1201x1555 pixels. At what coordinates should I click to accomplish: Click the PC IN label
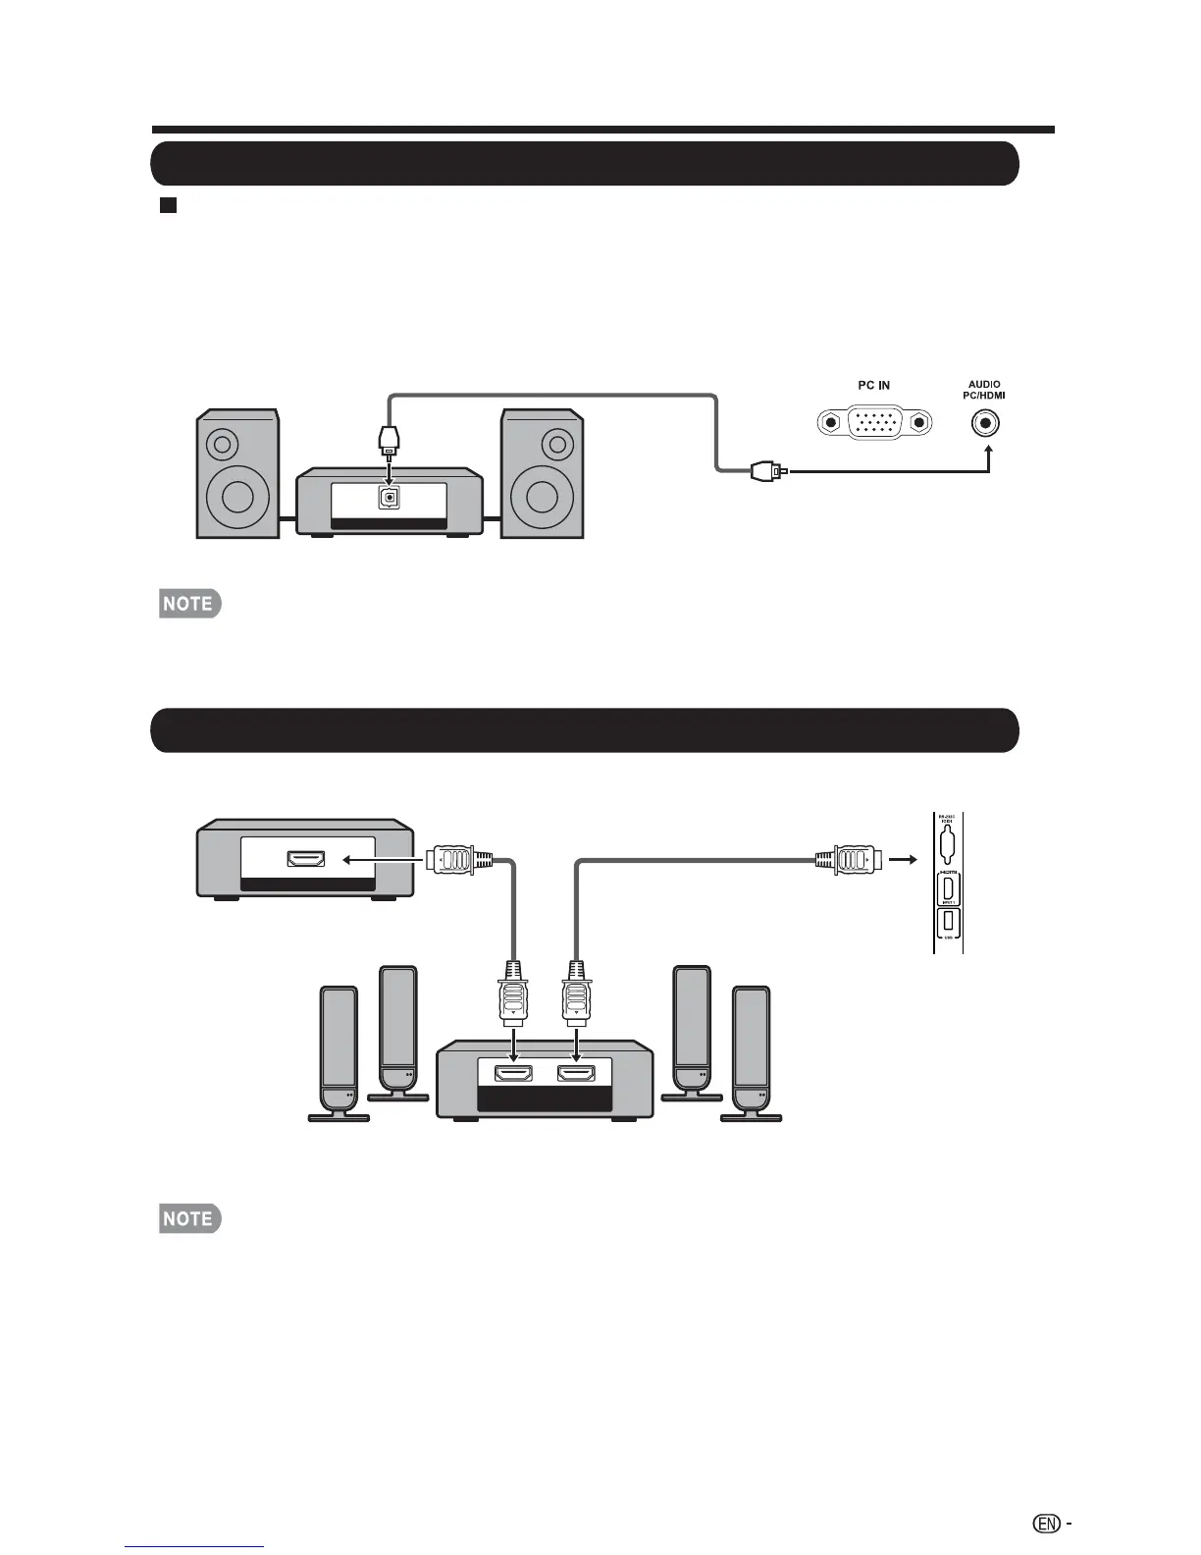[x=873, y=386]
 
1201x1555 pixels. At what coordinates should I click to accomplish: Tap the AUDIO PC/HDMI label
[x=984, y=390]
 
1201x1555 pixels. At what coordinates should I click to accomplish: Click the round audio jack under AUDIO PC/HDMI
[x=987, y=423]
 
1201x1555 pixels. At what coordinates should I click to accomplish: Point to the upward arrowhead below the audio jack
[x=988, y=451]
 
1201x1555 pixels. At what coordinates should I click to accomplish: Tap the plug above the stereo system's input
[x=390, y=437]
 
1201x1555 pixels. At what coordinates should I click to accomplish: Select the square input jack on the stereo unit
[x=390, y=498]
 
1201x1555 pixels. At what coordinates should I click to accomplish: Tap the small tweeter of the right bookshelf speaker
[x=557, y=445]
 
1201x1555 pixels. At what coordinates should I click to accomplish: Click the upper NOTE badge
[x=189, y=604]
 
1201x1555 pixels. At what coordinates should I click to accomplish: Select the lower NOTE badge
[x=189, y=1218]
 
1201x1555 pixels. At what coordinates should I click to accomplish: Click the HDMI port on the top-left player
[x=306, y=859]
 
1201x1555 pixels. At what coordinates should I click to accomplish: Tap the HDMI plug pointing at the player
[x=453, y=860]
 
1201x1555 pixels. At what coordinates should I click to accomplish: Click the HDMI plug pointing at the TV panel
[x=851, y=860]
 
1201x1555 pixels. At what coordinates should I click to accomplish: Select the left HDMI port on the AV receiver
[x=513, y=1074]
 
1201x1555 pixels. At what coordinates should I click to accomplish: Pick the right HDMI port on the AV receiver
[x=576, y=1074]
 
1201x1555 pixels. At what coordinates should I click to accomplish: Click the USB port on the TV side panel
[x=948, y=924]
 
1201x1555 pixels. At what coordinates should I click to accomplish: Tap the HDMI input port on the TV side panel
[x=948, y=889]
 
